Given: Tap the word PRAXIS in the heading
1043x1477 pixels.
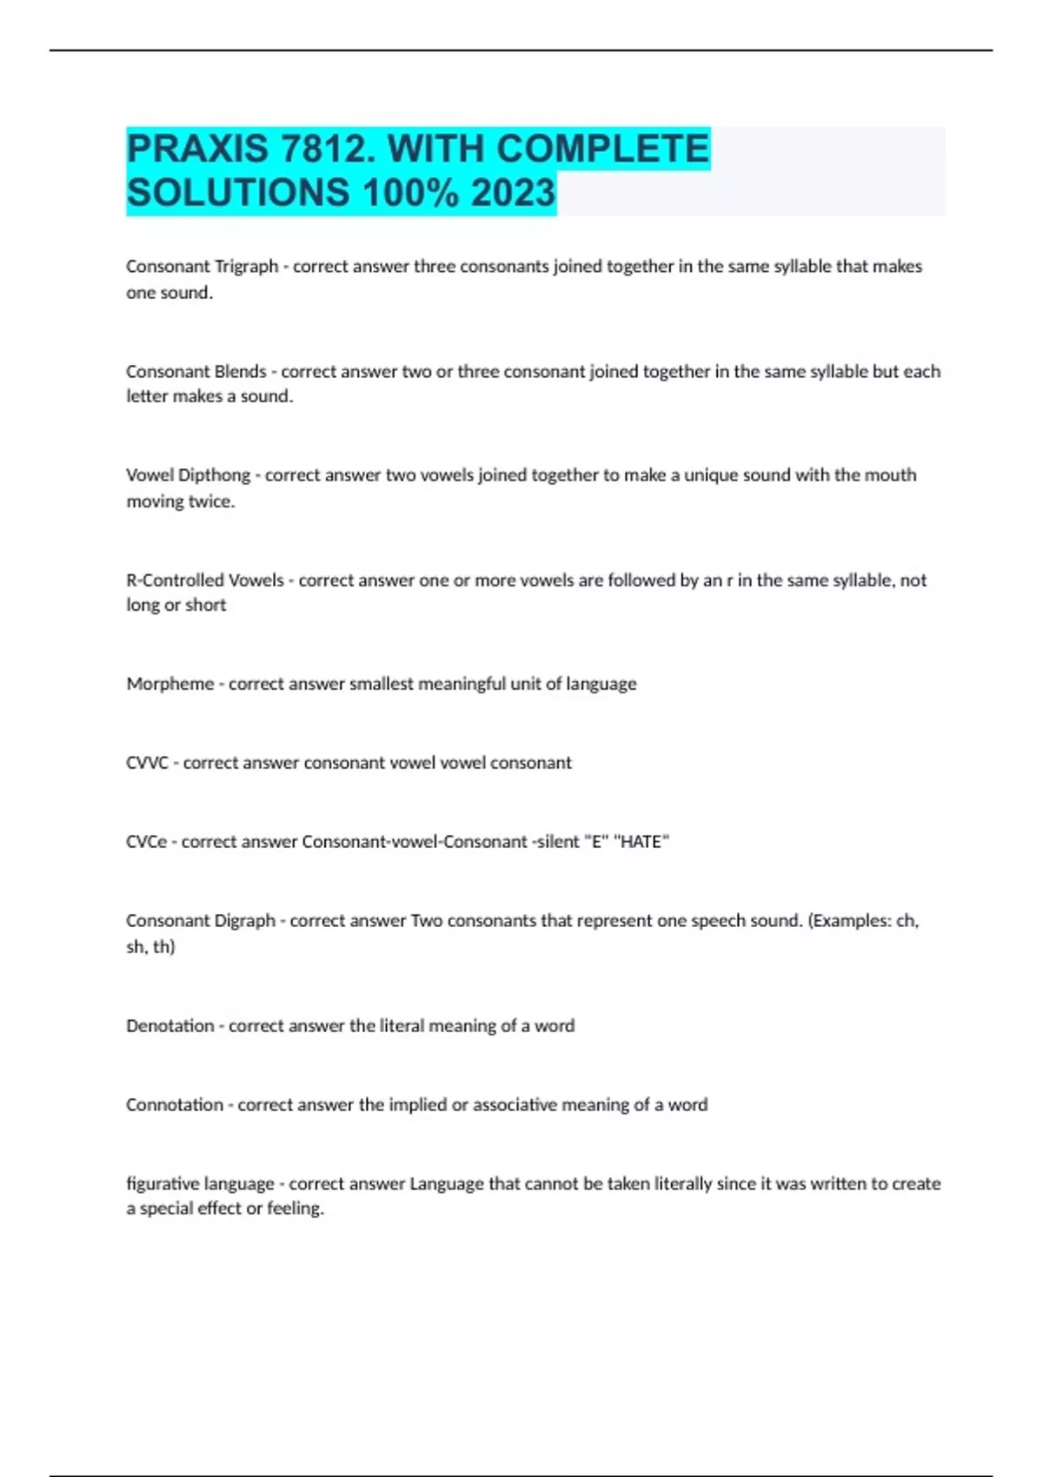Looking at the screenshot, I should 197,149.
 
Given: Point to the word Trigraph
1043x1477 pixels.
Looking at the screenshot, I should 246,267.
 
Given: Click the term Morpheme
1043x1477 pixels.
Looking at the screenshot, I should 169,685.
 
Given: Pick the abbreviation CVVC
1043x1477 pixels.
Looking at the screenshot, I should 146,763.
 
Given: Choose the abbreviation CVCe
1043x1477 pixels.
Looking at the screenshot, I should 146,842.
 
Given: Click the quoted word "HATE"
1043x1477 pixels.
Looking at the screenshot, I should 641,842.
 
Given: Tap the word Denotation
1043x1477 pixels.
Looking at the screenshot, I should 169,1026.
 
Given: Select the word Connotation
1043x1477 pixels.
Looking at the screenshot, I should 174,1105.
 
